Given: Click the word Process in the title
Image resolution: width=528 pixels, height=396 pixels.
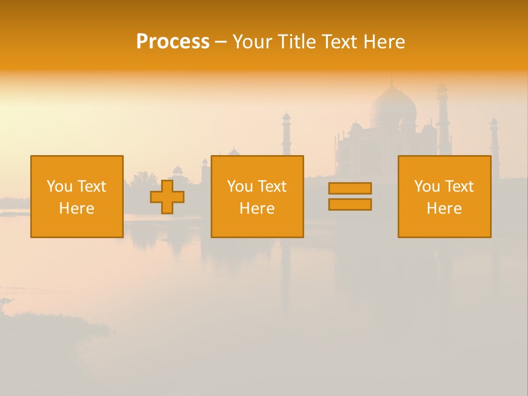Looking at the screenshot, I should coord(173,42).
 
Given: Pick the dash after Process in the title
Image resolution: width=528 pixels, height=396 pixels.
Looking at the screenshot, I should coord(221,42).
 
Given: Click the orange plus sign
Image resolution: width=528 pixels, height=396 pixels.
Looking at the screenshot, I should coord(167,196).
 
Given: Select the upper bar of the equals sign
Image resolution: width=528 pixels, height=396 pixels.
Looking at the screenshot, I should coord(350,188).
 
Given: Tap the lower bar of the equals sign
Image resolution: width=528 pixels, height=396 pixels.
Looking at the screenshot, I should coord(350,205).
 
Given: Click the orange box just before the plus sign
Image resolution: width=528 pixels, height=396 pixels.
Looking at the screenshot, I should coord(77,196).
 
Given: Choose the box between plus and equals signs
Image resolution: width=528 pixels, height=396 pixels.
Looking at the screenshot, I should coord(257,196).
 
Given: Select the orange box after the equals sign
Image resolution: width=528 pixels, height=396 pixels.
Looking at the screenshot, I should coord(444,196).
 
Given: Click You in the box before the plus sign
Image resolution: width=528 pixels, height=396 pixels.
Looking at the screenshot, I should coord(59,186).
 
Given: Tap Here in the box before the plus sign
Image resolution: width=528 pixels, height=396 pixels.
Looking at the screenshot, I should coord(76,208).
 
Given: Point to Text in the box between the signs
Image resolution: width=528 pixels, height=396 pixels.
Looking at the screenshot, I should coord(272,186).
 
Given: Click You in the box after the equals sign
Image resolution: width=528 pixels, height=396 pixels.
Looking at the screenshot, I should coord(427,186).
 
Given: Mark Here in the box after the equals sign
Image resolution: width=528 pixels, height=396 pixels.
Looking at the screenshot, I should coord(444,208).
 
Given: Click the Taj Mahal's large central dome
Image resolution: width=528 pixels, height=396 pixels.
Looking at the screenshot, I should coord(392,107).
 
